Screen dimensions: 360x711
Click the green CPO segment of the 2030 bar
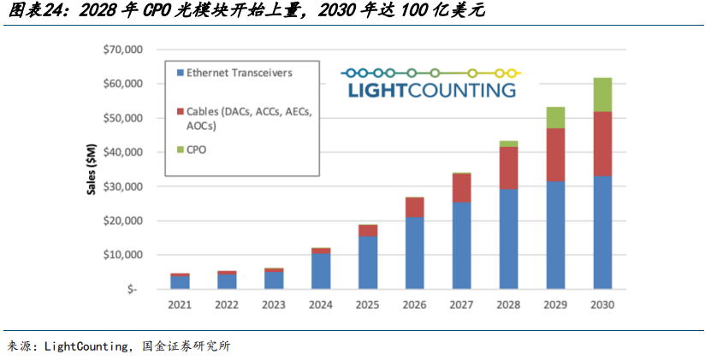(x=602, y=94)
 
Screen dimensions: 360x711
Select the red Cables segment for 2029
(x=556, y=154)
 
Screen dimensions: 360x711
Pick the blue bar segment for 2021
(x=180, y=282)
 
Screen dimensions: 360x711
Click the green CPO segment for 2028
(x=509, y=144)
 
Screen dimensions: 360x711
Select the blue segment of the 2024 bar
(x=322, y=271)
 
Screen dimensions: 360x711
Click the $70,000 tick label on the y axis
(x=122, y=50)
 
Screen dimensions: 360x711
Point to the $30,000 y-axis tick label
(x=122, y=186)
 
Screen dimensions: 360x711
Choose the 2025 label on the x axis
(x=368, y=304)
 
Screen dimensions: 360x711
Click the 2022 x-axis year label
(x=227, y=304)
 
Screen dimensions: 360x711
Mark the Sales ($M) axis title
(x=92, y=169)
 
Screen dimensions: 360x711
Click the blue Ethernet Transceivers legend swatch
(x=179, y=74)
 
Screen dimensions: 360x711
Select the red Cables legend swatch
(x=179, y=112)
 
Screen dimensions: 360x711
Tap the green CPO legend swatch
(x=179, y=150)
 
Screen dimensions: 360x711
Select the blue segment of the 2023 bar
(x=274, y=280)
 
